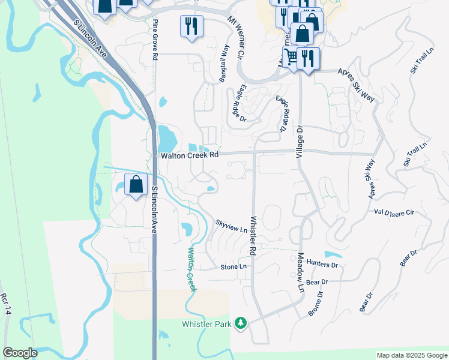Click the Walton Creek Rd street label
[190, 155]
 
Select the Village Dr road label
[300, 142]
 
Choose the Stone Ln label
[234, 266]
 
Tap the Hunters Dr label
[322, 263]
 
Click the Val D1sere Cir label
[394, 212]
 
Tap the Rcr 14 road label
[5, 304]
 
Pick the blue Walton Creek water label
[192, 269]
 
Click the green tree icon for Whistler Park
[241, 324]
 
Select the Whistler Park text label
[208, 325]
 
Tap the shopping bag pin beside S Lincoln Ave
[136, 184]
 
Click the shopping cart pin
[292, 58]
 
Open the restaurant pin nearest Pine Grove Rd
[191, 26]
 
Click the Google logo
[20, 353]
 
